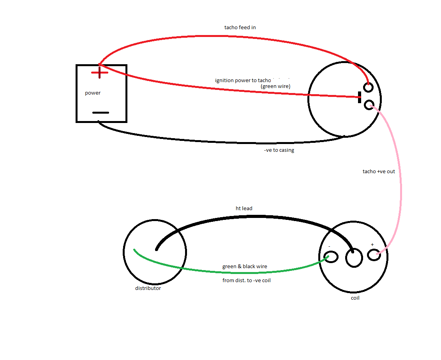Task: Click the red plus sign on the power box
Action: click(x=100, y=73)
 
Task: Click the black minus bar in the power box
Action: click(x=101, y=113)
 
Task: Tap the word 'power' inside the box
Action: click(x=93, y=93)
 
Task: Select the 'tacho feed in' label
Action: click(x=240, y=28)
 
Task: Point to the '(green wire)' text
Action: click(x=275, y=86)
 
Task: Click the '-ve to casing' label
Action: click(x=279, y=150)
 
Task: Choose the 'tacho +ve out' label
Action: click(x=379, y=171)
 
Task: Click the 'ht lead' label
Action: click(x=244, y=209)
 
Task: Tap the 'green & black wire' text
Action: click(x=245, y=267)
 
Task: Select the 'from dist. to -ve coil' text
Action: click(x=246, y=280)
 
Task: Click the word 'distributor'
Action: click(x=148, y=288)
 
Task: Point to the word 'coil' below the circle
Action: click(x=355, y=298)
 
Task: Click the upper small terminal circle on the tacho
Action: click(x=367, y=87)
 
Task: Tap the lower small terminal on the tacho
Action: click(x=369, y=104)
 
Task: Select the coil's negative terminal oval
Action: click(x=332, y=257)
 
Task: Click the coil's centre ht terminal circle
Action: click(x=354, y=258)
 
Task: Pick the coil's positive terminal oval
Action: click(x=374, y=255)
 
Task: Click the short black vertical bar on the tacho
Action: click(x=360, y=97)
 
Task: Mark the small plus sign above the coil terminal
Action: click(x=372, y=244)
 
